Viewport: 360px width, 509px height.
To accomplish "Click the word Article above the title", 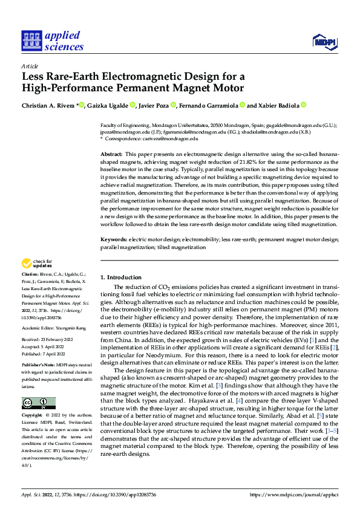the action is click(x=29, y=66).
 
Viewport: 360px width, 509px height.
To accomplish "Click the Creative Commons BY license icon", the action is click(x=39, y=403).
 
